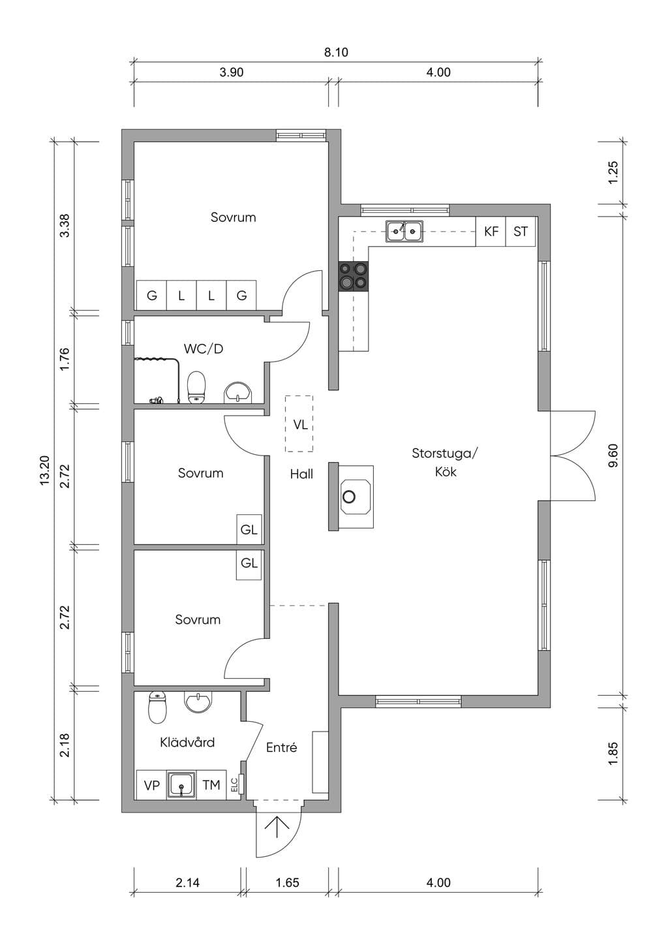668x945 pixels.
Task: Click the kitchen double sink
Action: (404, 231)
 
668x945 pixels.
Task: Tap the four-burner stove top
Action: (353, 276)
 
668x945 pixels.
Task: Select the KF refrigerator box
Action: (491, 231)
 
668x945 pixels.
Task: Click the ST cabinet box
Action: (521, 231)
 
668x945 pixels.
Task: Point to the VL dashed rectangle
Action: (299, 424)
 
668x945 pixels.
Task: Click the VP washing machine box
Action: (151, 785)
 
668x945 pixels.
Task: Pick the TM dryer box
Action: (211, 785)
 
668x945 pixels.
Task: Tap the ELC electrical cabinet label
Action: (234, 784)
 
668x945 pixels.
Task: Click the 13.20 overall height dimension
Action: (45, 471)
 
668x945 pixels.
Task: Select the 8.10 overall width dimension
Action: (336, 52)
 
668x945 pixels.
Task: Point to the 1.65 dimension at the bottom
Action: (287, 882)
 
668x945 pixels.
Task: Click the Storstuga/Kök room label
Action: (445, 462)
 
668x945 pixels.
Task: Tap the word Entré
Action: (281, 748)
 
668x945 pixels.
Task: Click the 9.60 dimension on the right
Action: (613, 455)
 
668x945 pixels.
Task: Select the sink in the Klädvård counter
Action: (181, 784)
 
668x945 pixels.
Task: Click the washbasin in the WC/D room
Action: (238, 392)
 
